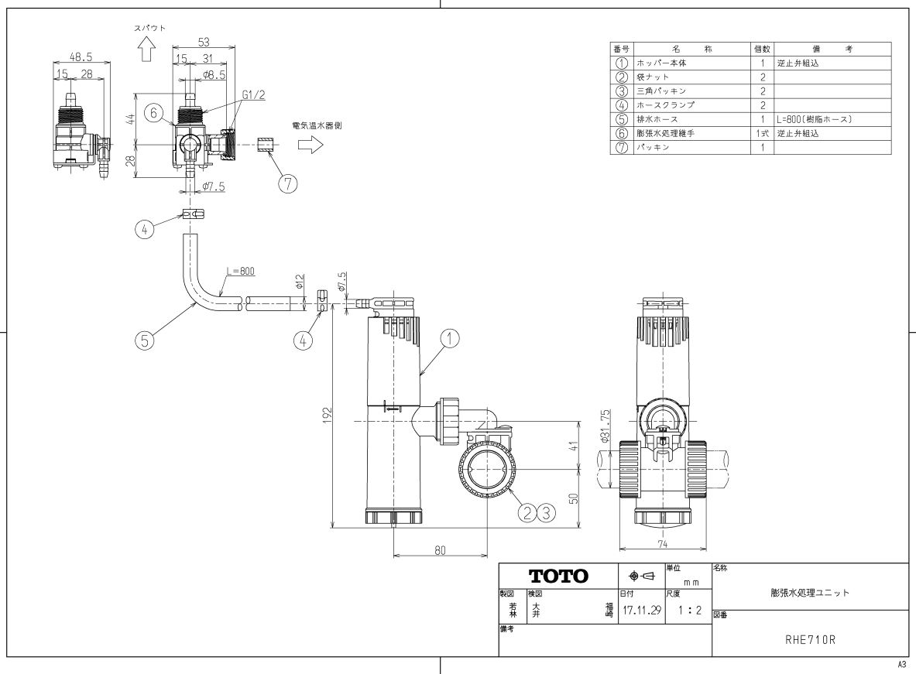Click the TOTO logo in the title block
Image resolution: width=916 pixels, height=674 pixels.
coord(558,576)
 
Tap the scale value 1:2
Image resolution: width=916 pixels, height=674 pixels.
coord(688,611)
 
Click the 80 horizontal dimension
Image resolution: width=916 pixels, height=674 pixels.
coord(440,550)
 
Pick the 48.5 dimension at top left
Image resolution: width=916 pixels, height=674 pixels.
coord(81,56)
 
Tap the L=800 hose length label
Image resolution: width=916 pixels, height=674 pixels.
coord(241,272)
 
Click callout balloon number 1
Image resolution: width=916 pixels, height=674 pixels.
coord(451,337)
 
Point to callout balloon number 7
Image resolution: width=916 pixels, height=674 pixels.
coord(288,183)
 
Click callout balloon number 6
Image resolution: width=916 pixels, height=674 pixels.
coord(155,113)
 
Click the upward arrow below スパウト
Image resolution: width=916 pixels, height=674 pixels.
coord(144,50)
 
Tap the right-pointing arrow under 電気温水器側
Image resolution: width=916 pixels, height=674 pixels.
coord(310,145)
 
